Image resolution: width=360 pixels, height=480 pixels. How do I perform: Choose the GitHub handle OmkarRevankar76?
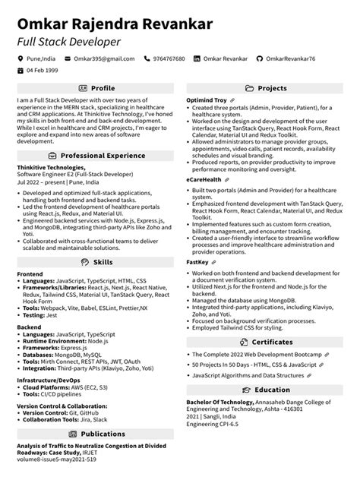pyautogui.click(x=290, y=58)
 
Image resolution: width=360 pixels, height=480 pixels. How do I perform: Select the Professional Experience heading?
pyautogui.click(x=103, y=155)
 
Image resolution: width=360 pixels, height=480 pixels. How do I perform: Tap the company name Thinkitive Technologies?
pyautogui.click(x=51, y=166)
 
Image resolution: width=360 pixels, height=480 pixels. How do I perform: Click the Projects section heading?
pyautogui.click(x=272, y=88)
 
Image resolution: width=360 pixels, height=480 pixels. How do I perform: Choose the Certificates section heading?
pyautogui.click(x=272, y=321)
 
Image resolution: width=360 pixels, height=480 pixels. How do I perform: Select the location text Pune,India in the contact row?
pyautogui.click(x=40, y=58)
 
